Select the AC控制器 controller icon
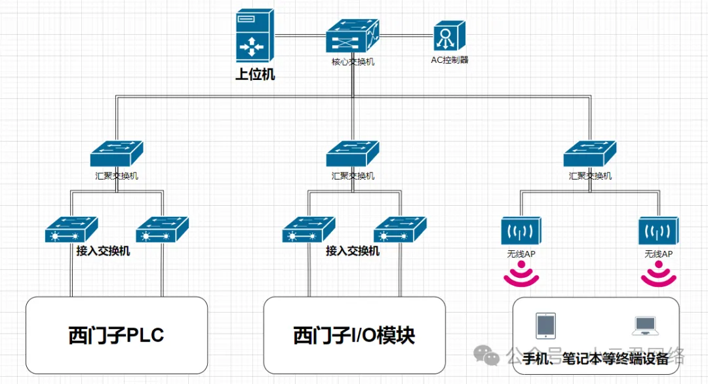click(x=450, y=37)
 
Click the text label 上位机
click(x=255, y=74)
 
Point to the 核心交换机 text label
click(x=353, y=62)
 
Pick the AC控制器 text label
click(x=450, y=60)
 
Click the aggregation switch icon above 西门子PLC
click(x=117, y=154)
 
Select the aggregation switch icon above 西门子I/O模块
click(x=353, y=154)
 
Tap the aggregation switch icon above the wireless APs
click(x=590, y=154)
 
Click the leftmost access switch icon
click(x=71, y=230)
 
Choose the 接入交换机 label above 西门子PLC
click(x=103, y=251)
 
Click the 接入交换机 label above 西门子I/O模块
click(x=353, y=251)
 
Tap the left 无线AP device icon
click(x=521, y=231)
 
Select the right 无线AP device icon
click(x=658, y=231)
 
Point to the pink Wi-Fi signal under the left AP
click(x=521, y=274)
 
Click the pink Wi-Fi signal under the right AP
click(x=658, y=274)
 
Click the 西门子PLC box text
click(x=116, y=336)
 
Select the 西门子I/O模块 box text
click(x=354, y=336)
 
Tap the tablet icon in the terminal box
click(x=545, y=325)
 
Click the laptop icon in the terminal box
click(x=645, y=324)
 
